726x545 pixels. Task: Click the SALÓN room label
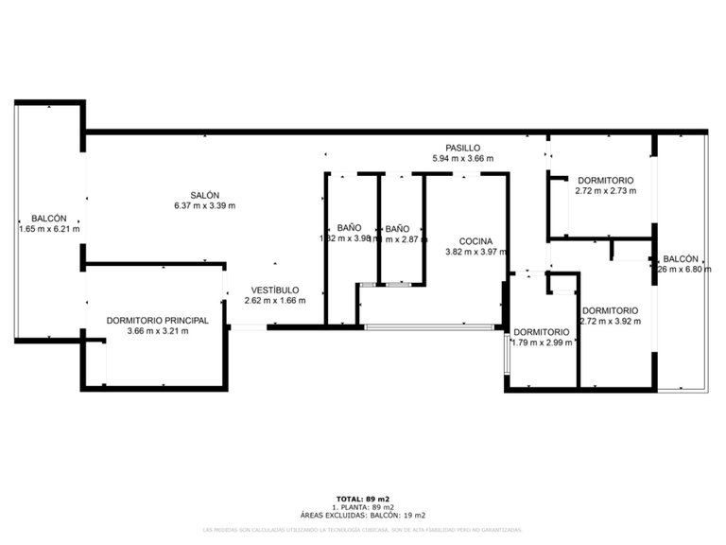coord(204,195)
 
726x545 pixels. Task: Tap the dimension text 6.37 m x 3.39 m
coord(204,205)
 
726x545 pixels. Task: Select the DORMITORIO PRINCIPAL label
coord(158,321)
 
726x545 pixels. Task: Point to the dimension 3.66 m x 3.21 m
coord(158,331)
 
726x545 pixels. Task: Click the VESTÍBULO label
coord(275,290)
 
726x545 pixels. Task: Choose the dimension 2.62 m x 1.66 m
coord(275,300)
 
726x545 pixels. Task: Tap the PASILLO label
coord(463,148)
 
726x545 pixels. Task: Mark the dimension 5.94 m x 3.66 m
coord(463,158)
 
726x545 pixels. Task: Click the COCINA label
coord(476,240)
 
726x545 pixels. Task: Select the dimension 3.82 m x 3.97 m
coord(476,252)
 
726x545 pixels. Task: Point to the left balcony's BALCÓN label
coord(48,218)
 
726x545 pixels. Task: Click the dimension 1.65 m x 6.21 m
coord(48,228)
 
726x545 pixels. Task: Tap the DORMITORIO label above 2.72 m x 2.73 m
coord(605,180)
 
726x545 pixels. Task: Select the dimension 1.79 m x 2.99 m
coord(542,343)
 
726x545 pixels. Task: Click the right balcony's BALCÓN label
coord(681,258)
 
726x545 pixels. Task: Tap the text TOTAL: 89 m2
coord(363,498)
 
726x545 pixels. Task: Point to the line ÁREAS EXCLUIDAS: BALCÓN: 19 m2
coord(363,515)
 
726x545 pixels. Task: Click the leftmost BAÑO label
coord(349,228)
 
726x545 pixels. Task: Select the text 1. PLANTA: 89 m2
coord(363,506)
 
